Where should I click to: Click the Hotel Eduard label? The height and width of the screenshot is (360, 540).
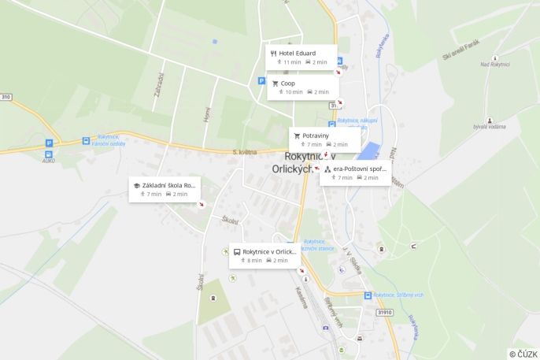point(297,54)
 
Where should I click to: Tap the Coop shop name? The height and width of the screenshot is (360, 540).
point(288,83)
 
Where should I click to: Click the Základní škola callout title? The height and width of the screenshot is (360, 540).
point(168,185)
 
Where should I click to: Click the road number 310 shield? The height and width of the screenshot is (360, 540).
point(6,97)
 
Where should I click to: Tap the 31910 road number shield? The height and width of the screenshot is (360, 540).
point(385,313)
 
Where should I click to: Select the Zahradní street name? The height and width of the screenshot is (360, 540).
point(160,85)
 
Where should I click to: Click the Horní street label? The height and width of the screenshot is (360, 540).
point(207,115)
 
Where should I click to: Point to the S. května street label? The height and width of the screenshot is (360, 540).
point(246,151)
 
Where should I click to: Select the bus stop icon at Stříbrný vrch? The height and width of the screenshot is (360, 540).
point(367,295)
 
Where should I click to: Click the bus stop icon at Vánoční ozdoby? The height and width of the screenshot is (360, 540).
point(86,141)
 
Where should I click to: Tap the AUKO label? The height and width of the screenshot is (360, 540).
point(49,160)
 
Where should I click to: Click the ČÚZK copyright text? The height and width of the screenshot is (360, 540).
point(523,354)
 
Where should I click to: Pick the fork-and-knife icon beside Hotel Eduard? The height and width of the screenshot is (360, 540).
point(273,54)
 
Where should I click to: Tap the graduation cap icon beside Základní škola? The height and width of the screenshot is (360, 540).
point(136,185)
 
